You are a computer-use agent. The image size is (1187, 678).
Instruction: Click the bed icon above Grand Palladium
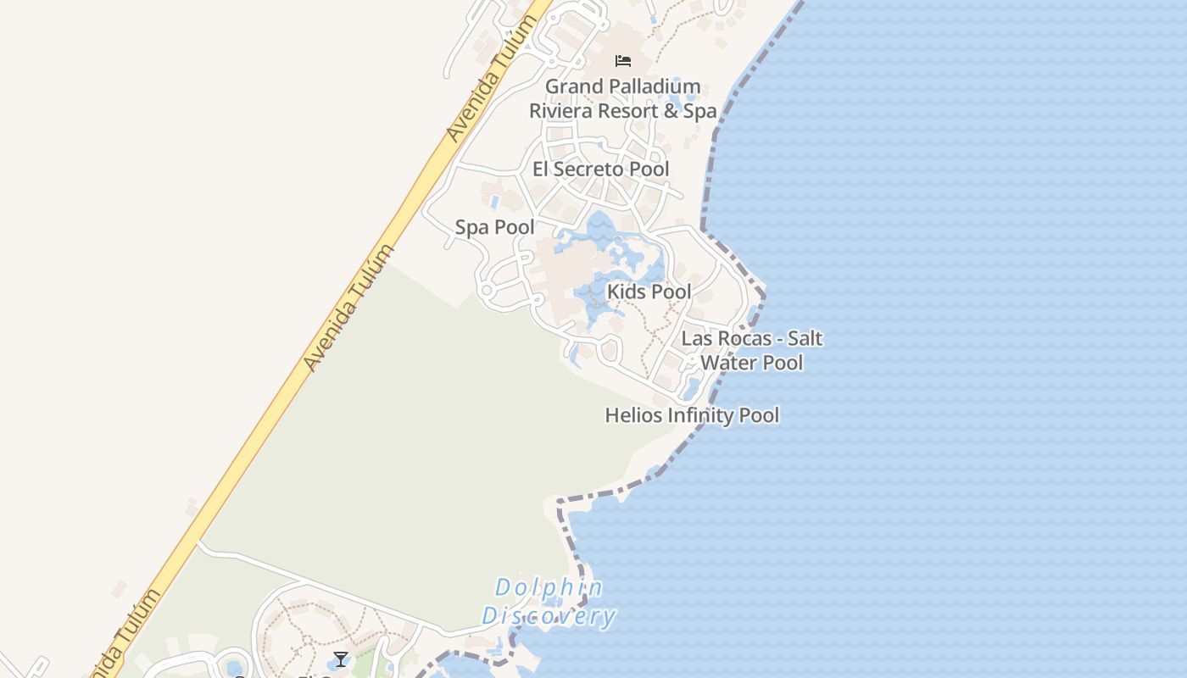pyautogui.click(x=623, y=61)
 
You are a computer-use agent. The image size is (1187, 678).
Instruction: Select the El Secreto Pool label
pyautogui.click(x=600, y=169)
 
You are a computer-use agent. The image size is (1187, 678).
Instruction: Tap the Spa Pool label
pyautogui.click(x=494, y=227)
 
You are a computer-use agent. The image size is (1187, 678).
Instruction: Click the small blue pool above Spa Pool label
pyautogui.click(x=494, y=202)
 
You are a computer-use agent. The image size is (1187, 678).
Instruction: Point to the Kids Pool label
pyautogui.click(x=649, y=292)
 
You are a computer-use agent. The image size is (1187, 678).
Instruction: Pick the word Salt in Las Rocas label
pyautogui.click(x=805, y=339)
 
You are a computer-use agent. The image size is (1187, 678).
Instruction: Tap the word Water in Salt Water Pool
pyautogui.click(x=728, y=363)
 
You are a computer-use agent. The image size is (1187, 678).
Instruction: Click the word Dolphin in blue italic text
pyautogui.click(x=549, y=587)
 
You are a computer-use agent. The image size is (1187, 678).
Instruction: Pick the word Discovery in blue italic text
pyautogui.click(x=549, y=616)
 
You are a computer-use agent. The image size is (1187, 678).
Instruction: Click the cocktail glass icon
pyautogui.click(x=341, y=659)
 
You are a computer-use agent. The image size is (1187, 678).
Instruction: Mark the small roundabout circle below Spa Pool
pyautogui.click(x=486, y=291)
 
